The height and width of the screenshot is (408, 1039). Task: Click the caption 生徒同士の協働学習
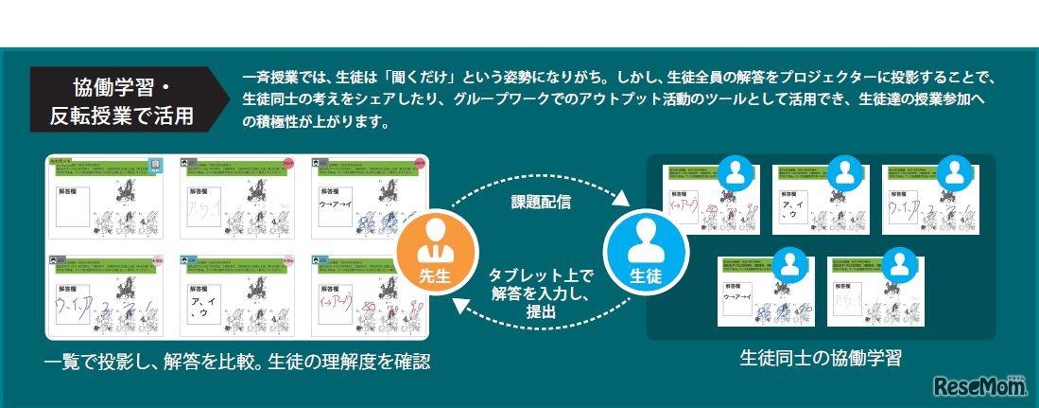pyautogui.click(x=820, y=359)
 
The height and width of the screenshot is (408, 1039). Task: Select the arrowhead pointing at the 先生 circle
pyautogui.click(x=457, y=303)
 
